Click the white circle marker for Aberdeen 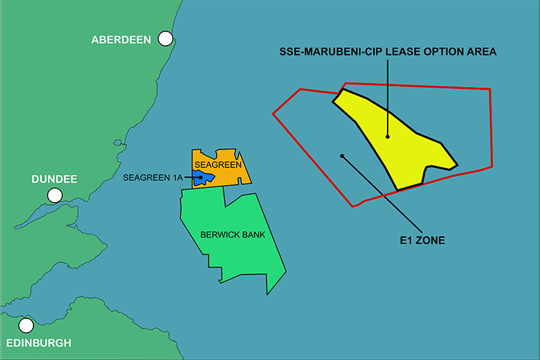coord(165,39)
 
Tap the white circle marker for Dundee coord(55,196)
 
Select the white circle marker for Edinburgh coord(26,326)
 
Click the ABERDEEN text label coord(121,40)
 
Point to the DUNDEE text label coord(54,180)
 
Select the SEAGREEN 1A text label coord(153,178)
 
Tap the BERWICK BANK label coord(232,234)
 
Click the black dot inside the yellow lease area coord(388,137)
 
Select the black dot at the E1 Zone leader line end coord(342,156)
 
